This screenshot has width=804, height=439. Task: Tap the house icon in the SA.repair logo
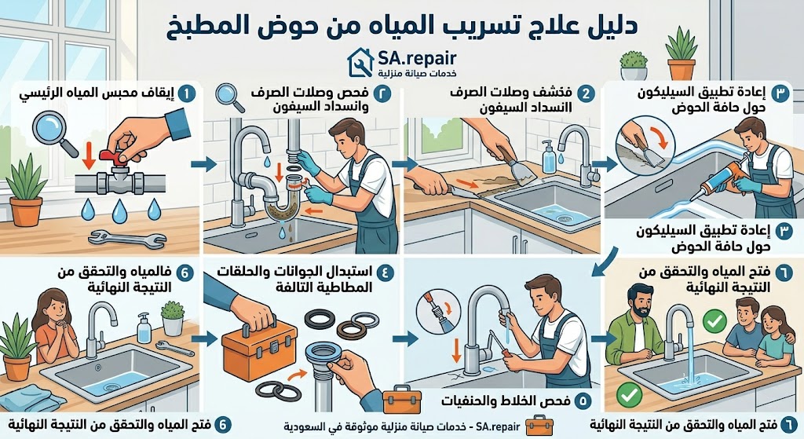point(361,62)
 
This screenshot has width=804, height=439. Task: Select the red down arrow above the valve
point(89,155)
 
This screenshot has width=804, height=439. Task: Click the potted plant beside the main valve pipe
point(26,192)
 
